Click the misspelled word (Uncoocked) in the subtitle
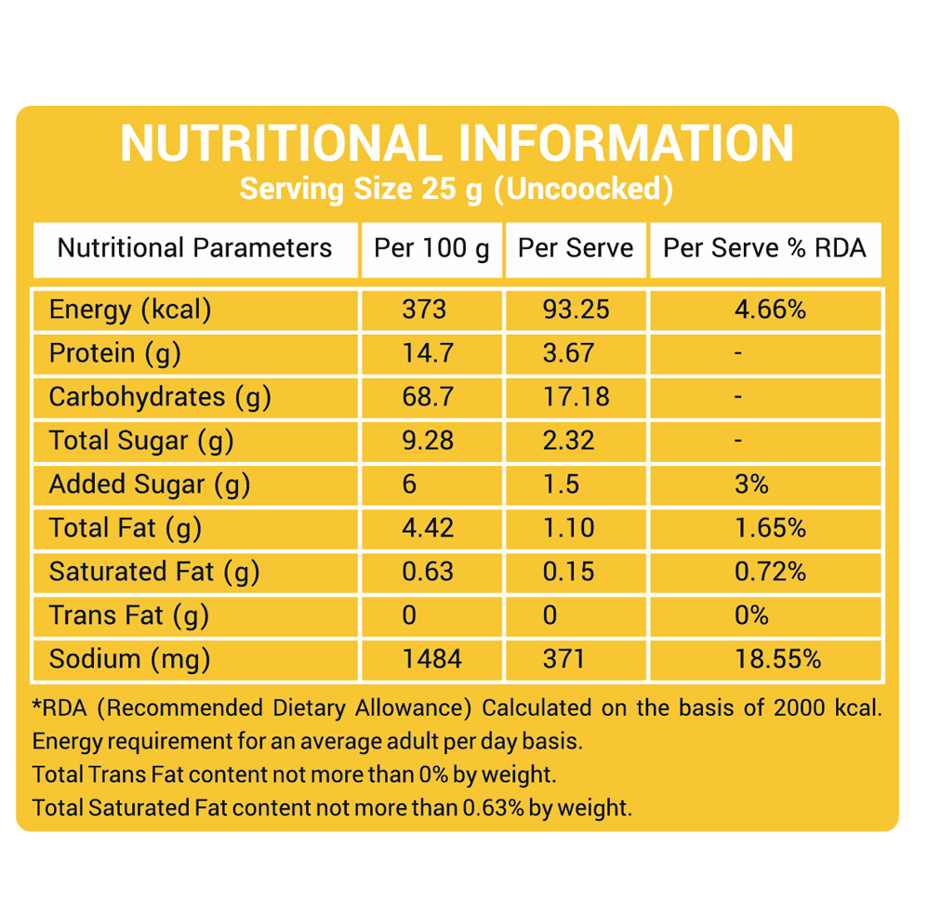582,189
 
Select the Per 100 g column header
431,248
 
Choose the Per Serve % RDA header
764,248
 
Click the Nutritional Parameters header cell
194,248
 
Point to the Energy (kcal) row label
130,310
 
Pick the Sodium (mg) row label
129,659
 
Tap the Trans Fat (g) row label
128,615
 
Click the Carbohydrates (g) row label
160,397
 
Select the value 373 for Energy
424,310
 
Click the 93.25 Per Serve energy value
576,310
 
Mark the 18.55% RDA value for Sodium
777,659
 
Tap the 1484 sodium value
431,659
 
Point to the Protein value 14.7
428,353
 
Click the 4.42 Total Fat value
428,528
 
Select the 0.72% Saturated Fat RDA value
770,572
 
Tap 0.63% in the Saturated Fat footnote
494,808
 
